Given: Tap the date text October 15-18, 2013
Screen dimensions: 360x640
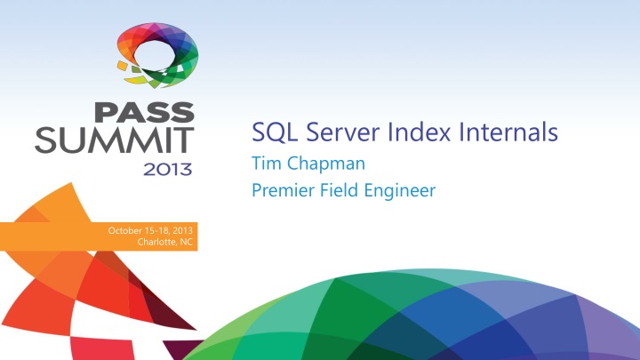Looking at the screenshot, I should (x=150, y=232).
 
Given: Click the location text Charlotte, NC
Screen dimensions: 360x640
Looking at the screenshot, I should (x=166, y=243).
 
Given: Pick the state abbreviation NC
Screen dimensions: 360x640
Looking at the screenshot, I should (x=186, y=243).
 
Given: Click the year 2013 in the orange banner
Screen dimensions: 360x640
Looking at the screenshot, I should (x=183, y=232).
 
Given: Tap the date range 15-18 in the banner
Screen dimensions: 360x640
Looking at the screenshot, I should (x=156, y=232).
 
